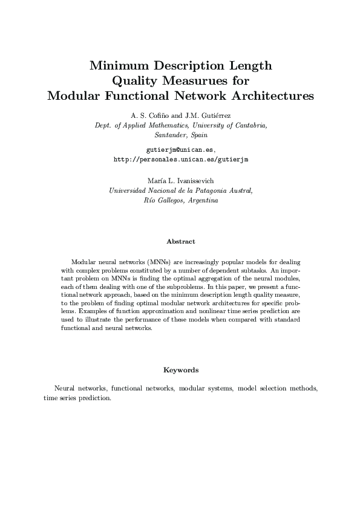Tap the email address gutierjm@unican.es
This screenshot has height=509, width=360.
[x=180, y=149]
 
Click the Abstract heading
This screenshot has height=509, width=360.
[x=181, y=242]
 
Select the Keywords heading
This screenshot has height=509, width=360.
[x=181, y=369]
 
